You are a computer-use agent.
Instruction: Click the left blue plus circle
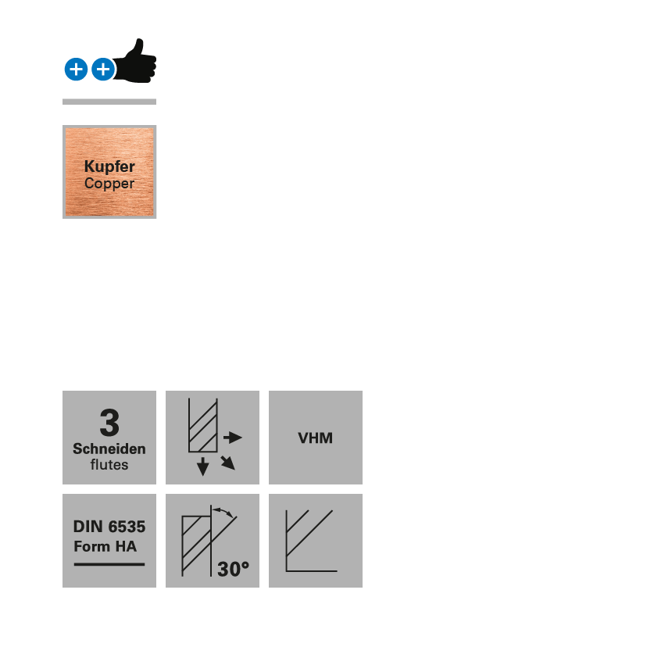tap(76, 70)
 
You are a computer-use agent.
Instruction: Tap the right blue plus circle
tap(103, 70)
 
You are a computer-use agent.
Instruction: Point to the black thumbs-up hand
tap(137, 62)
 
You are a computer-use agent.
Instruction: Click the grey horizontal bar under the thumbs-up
tap(109, 102)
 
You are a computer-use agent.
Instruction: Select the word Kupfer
tap(109, 166)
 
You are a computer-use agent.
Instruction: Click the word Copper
tap(109, 184)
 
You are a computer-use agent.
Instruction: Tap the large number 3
tap(109, 423)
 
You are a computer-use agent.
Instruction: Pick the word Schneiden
tap(109, 449)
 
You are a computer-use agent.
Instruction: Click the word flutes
tap(109, 465)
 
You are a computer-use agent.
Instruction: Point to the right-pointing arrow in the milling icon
tap(233, 438)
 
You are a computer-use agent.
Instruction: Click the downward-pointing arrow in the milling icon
tap(203, 466)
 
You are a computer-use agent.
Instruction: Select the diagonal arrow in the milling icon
tap(227, 462)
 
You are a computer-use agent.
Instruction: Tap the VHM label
tap(316, 438)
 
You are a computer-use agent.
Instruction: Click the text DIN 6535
tap(109, 527)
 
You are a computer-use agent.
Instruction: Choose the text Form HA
tap(105, 546)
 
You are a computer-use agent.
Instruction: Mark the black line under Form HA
tap(109, 563)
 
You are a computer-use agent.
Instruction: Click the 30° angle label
tap(233, 569)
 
